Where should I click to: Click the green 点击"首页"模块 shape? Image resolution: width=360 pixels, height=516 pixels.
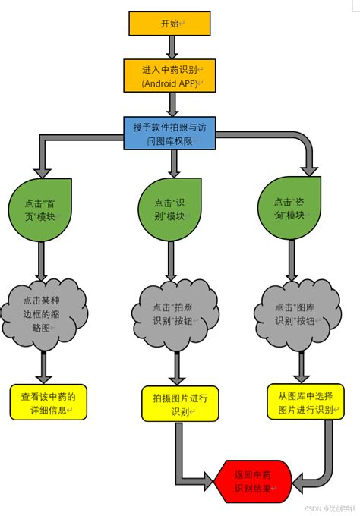click(39, 209)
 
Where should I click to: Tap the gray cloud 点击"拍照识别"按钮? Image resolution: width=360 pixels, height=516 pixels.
click(176, 313)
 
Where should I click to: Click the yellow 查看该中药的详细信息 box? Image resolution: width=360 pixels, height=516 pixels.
click(49, 402)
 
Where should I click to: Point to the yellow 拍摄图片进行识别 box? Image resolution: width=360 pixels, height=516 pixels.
click(180, 403)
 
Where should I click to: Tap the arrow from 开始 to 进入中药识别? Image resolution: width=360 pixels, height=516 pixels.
click(172, 47)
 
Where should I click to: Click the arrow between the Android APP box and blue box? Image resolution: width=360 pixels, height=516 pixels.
click(174, 105)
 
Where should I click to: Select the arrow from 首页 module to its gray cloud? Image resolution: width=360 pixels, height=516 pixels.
click(42, 262)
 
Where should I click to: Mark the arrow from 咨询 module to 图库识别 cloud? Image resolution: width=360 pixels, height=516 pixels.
click(291, 258)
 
